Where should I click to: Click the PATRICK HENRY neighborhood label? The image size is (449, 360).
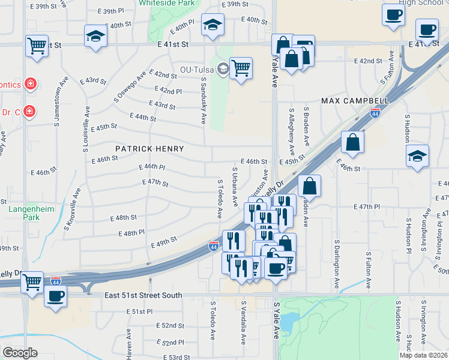pos(149,148)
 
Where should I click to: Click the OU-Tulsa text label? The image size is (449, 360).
pos(197,69)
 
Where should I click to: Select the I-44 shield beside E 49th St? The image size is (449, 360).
pos(214,245)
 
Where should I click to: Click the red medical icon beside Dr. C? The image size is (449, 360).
pos(29,112)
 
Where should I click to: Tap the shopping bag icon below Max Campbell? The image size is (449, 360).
pos(352,143)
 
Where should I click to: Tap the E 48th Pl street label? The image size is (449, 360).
pos(132,233)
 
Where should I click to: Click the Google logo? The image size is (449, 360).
pos(20,353)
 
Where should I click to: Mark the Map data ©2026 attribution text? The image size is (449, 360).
pos(423,355)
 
